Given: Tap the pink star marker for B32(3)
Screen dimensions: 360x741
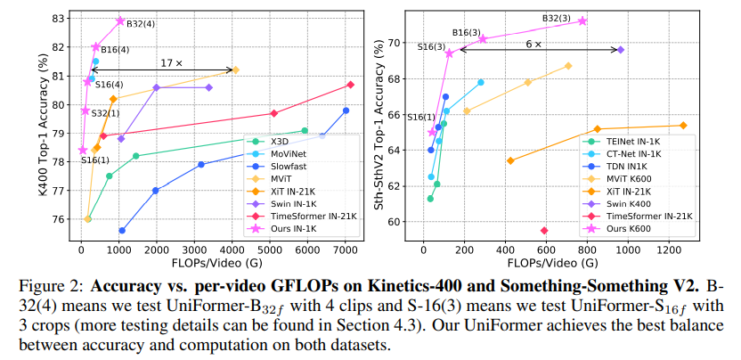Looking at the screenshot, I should click(x=582, y=20).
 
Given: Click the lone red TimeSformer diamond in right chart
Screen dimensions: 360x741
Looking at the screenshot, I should click(x=544, y=230).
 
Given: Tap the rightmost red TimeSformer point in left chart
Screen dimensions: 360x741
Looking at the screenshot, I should click(x=350, y=85).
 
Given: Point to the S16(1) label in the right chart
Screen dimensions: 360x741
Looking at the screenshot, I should click(x=421, y=117).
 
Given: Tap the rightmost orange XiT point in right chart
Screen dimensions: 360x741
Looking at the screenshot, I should click(x=683, y=126).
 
